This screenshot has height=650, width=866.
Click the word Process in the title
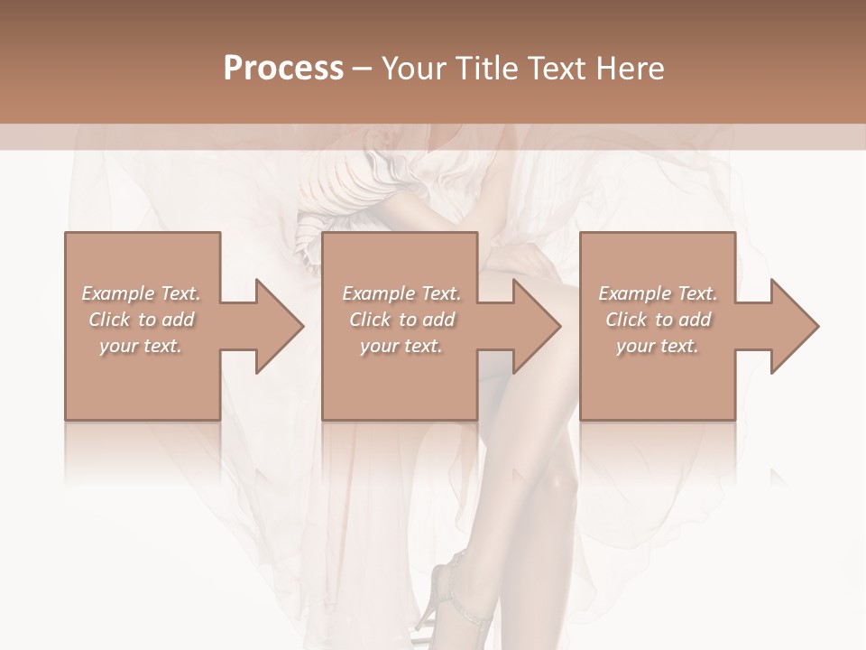click(x=283, y=69)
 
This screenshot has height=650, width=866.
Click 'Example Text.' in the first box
click(x=141, y=293)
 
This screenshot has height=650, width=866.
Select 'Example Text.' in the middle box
click(x=401, y=293)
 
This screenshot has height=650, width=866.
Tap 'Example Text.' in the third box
click(x=658, y=293)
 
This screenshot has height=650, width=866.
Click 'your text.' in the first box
click(x=141, y=346)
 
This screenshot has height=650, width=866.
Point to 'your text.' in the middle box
click(x=401, y=346)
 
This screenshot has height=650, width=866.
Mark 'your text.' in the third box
click(x=658, y=346)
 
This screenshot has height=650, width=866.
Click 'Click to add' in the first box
click(x=141, y=320)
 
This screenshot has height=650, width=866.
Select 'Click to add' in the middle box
click(x=401, y=320)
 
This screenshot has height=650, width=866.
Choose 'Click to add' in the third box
click(x=658, y=320)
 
